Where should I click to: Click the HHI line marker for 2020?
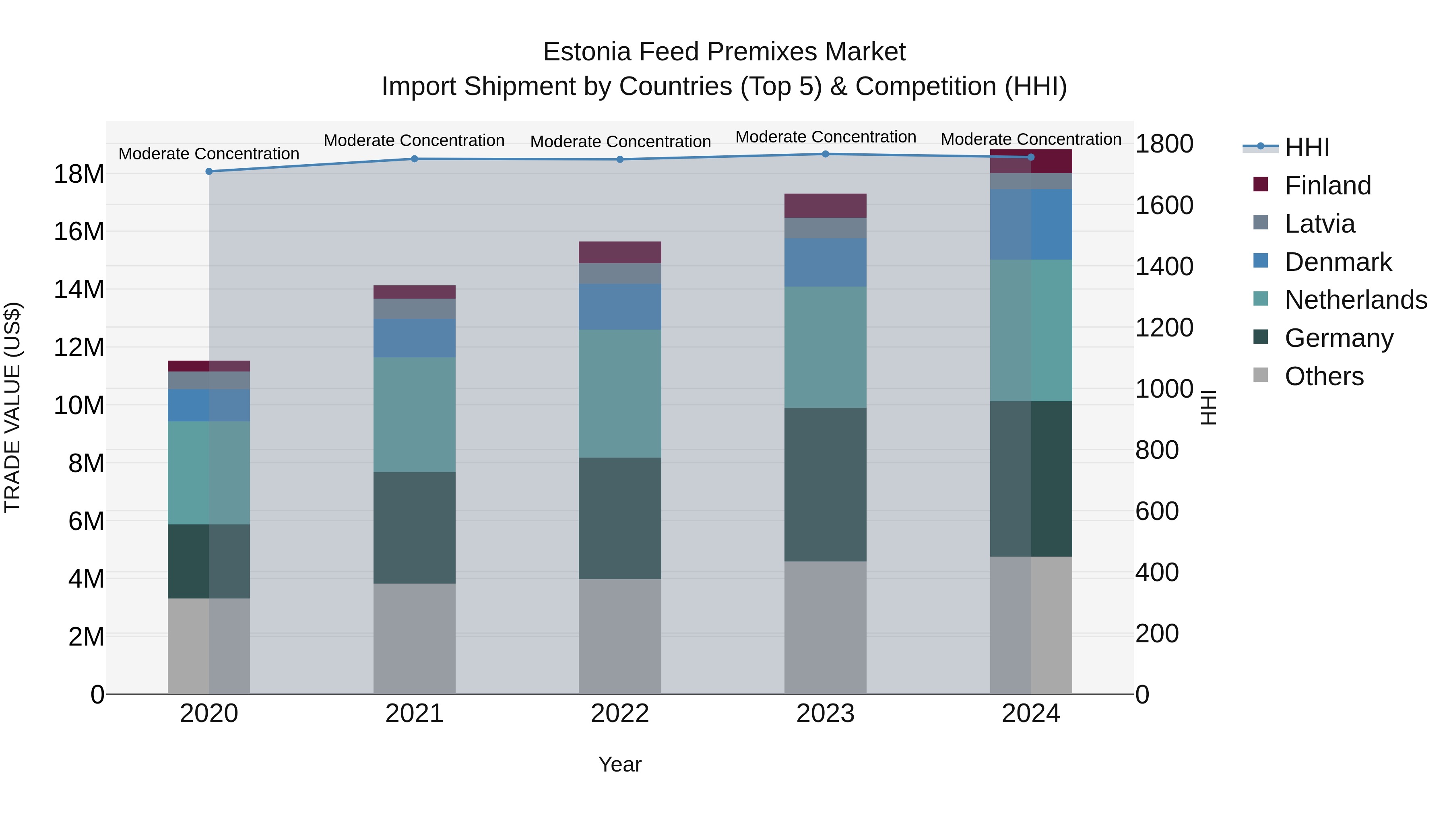click(208, 171)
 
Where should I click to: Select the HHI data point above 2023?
click(825, 154)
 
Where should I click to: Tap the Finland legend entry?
click(1327, 186)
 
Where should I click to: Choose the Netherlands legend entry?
click(1355, 300)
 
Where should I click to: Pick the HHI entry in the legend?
click(1307, 147)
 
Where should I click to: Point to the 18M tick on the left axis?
click(79, 174)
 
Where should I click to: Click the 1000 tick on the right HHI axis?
click(1163, 389)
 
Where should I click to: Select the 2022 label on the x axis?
click(620, 714)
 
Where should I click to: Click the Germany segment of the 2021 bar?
click(415, 528)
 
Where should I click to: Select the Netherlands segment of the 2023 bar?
click(825, 347)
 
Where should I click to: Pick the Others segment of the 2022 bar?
click(620, 636)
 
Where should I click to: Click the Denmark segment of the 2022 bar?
click(620, 307)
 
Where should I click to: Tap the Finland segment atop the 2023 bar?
click(825, 205)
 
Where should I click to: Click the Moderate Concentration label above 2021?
click(414, 140)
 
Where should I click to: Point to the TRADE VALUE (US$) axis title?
click(12, 407)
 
